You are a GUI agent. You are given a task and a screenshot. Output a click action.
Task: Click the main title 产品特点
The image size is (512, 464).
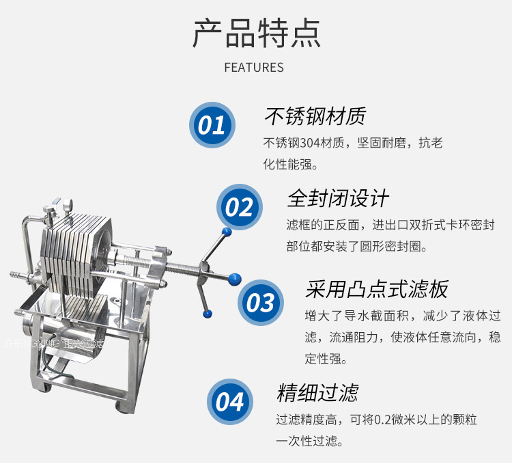click(257, 33)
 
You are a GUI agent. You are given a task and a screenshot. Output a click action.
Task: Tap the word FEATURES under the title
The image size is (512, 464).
click(254, 68)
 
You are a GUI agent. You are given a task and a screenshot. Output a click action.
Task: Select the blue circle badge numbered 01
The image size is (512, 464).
click(212, 125)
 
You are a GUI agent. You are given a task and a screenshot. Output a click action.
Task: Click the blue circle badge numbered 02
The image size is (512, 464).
click(240, 207)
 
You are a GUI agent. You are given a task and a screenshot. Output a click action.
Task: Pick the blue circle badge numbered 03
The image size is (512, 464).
click(261, 303)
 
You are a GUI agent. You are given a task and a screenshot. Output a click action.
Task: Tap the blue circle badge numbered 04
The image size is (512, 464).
click(230, 402)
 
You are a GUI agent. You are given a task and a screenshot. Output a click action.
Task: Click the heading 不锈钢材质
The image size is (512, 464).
click(315, 116)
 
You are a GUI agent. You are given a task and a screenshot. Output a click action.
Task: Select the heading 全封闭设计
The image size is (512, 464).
click(338, 198)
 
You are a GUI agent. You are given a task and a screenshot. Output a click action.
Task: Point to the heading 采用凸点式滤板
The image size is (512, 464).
click(376, 289)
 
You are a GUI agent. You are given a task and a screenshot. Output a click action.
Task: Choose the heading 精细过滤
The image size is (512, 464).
click(317, 392)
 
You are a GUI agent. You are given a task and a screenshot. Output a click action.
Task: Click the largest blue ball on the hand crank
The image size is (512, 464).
click(234, 279)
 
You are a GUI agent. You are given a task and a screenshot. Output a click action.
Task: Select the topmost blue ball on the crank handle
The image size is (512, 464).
click(227, 232)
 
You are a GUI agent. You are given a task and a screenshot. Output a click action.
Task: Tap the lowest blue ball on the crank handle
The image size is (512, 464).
click(208, 314)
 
